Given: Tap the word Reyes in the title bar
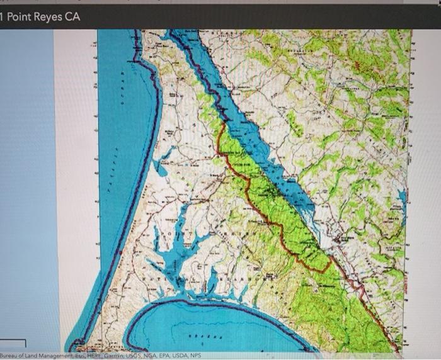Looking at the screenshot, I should click(51, 16).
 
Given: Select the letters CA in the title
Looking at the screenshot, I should click(74, 16).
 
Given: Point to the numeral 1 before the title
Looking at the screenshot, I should click(3, 16).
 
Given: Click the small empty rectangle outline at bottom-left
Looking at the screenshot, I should click(13, 346).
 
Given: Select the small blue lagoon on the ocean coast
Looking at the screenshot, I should click(159, 168).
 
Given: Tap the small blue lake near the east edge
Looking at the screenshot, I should click(401, 196).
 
